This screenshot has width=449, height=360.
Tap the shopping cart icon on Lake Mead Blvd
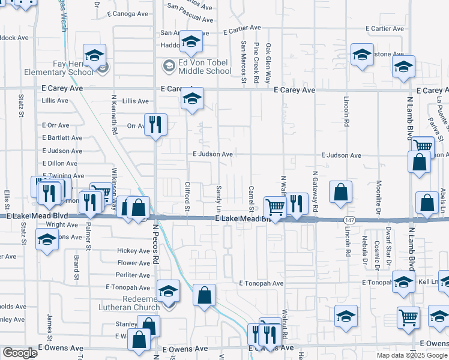pyautogui.click(x=275, y=207)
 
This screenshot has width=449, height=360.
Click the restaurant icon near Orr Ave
pyautogui.click(x=155, y=124)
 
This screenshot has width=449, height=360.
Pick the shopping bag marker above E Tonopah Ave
pyautogui.click(x=205, y=295)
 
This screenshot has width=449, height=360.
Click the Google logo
pyautogui.click(x=20, y=353)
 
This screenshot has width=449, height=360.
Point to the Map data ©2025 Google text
pyautogui.click(x=411, y=355)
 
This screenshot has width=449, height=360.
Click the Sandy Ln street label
pyautogui.click(x=218, y=198)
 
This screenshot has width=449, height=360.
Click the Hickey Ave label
pyautogui.click(x=133, y=251)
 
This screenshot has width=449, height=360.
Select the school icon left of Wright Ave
pyautogui.click(x=46, y=241)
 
